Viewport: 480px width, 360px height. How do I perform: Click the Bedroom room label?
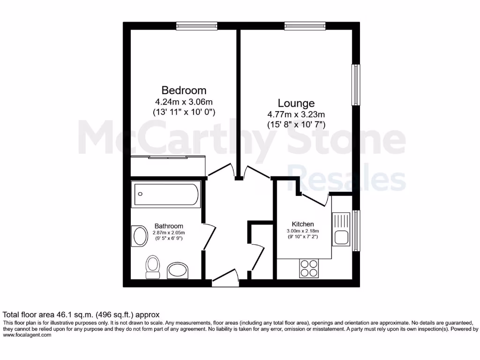tap(184, 90)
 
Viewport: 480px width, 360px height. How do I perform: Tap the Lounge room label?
tap(296, 103)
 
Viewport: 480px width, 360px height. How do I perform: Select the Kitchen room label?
tap(303, 224)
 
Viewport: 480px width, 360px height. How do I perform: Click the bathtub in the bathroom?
tap(166, 195)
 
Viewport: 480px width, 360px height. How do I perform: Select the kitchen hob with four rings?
tap(309, 269)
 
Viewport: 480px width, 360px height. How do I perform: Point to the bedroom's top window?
tap(196, 26)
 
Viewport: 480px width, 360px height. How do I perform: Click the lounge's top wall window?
tap(305, 26)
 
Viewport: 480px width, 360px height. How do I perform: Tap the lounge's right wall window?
tap(356, 86)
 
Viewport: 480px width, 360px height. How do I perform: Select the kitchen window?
tap(356, 231)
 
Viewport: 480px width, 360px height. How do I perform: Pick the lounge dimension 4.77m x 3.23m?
tap(296, 114)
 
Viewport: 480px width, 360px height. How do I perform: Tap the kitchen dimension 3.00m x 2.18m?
tap(303, 231)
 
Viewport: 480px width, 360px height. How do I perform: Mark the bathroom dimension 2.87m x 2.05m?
tap(169, 232)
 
